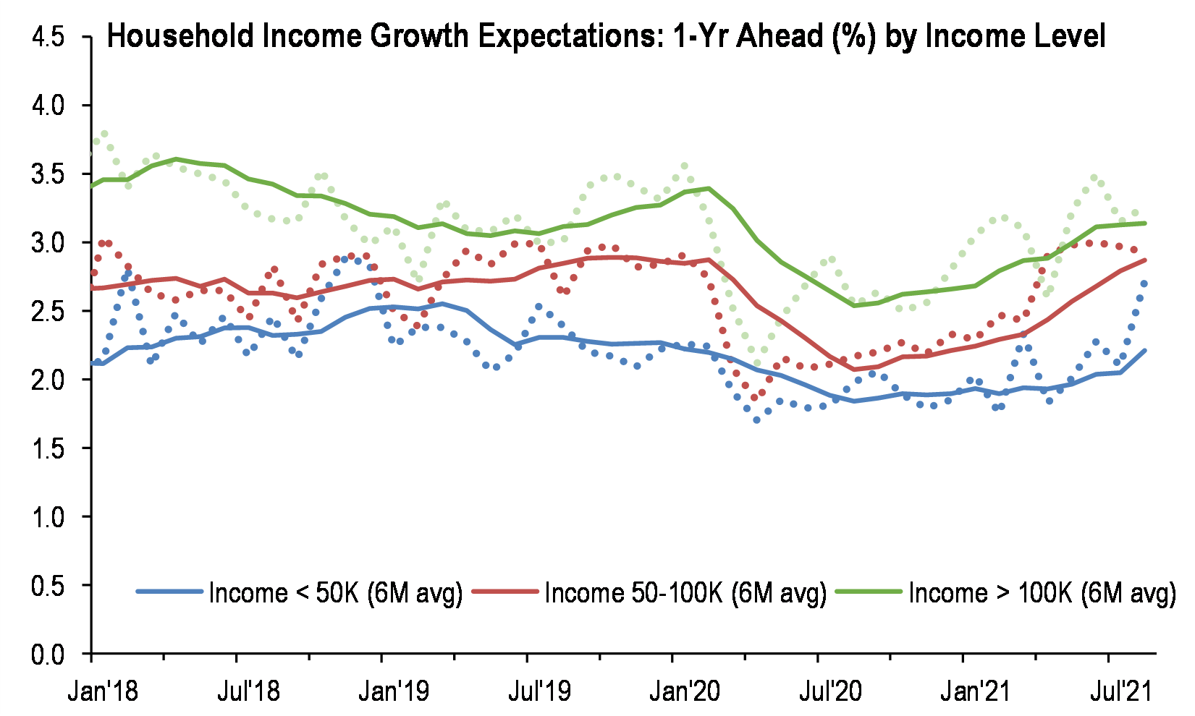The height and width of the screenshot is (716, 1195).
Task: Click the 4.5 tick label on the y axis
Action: click(48, 37)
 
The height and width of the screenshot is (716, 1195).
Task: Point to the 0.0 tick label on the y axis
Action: click(48, 654)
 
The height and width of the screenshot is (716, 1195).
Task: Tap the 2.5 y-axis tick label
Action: click(48, 311)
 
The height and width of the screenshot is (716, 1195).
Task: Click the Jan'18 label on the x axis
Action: click(103, 691)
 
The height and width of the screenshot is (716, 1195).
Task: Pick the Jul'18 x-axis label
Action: click(248, 691)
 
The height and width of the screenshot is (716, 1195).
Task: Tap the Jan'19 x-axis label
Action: click(393, 691)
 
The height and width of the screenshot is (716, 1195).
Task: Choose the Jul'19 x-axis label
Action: click(539, 691)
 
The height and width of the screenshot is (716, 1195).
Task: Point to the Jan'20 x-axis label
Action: click(685, 691)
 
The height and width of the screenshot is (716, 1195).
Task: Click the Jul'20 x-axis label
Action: click(830, 691)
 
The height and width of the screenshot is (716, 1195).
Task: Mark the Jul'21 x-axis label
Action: click(1120, 691)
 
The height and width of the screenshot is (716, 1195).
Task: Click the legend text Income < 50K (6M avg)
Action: click(335, 593)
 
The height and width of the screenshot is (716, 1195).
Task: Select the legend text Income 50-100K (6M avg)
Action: click(685, 593)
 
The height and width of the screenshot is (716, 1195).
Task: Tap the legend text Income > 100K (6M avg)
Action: click(1042, 593)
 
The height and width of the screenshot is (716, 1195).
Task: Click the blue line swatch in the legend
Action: click(169, 592)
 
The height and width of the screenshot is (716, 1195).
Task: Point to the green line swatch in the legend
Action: click(869, 592)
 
